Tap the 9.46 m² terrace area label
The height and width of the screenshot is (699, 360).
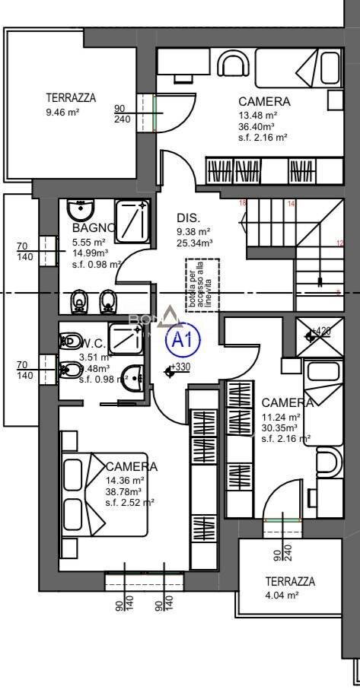pos(62,112)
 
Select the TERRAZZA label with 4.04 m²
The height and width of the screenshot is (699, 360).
pos(289,581)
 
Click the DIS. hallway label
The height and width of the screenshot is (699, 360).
pos(189,216)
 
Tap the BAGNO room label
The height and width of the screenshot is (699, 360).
pos(94,227)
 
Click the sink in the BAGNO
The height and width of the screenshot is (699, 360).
pos(79,209)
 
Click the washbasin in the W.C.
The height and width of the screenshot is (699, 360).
pos(135,375)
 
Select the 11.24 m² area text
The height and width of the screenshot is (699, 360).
pos(281,417)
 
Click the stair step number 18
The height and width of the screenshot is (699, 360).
pos(243,203)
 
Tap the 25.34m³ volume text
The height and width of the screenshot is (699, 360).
pos(194,243)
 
